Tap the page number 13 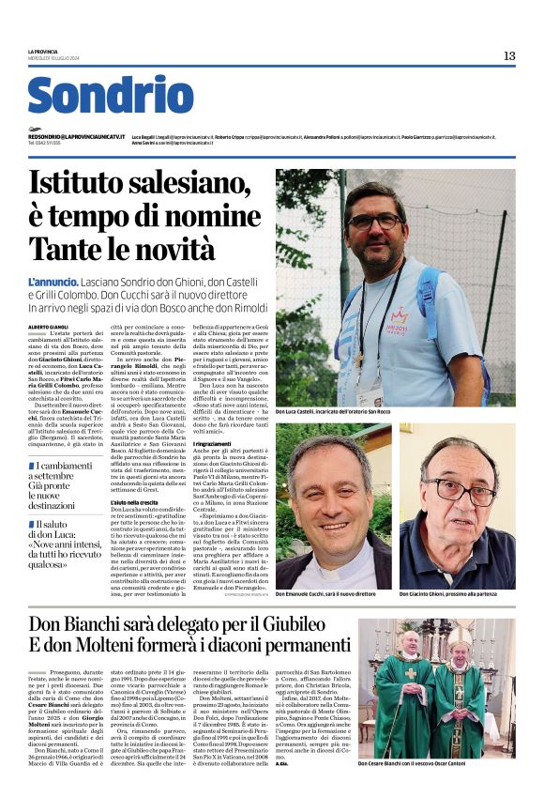508,56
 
